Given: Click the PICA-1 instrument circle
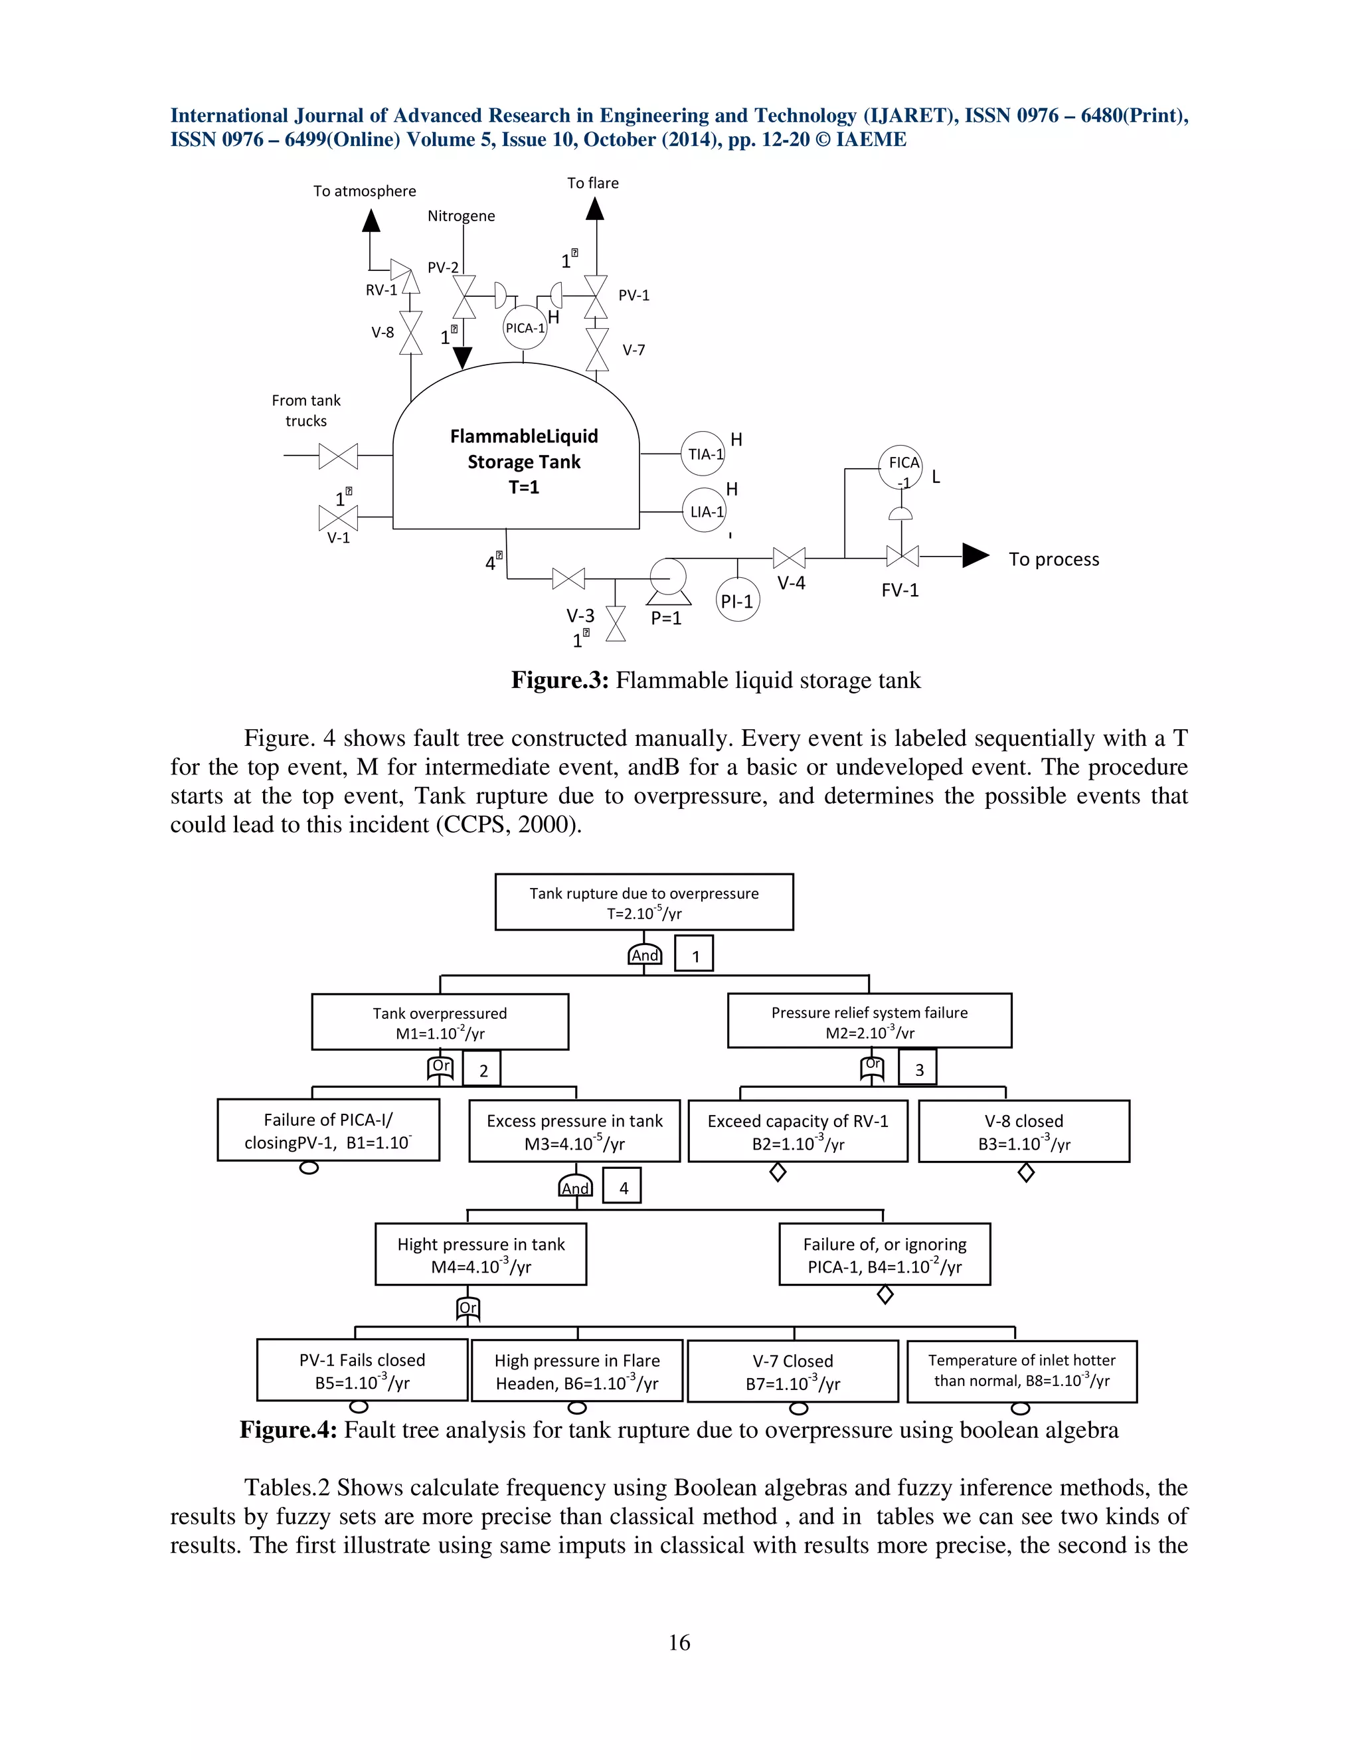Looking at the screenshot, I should point(525,328).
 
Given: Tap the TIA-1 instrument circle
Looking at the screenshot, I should point(704,454).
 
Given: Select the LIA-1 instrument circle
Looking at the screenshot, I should point(704,511).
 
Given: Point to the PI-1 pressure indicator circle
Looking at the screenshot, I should point(737,600).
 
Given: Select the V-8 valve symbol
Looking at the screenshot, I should point(411,333).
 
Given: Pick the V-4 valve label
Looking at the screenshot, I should point(791,583).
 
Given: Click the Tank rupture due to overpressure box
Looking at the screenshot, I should point(643,903).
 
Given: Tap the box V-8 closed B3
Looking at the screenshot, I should point(1023,1132).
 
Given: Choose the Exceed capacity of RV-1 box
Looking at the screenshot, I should point(798,1132).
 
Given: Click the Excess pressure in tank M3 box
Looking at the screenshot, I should point(574,1132).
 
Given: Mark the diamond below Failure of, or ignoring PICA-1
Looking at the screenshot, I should point(885,1295).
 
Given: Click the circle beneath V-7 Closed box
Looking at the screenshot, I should point(798,1409).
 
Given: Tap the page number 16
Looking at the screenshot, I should point(679,1642).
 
